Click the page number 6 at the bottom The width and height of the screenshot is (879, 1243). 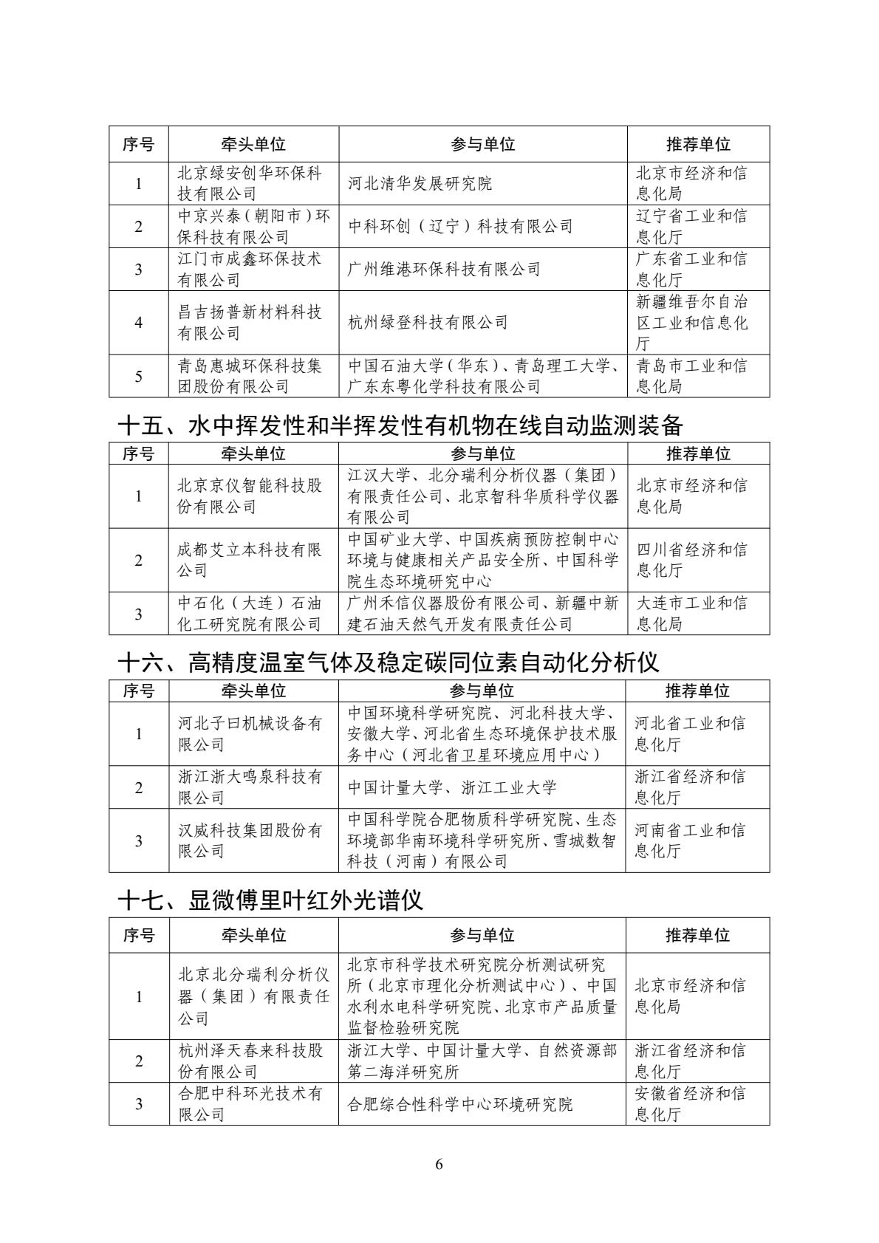tap(439, 1165)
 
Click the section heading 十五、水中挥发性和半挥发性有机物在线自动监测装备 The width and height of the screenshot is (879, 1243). tap(400, 425)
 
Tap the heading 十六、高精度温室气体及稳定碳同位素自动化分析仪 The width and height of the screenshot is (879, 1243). tap(389, 662)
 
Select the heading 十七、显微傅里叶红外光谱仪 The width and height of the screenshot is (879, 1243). tap(270, 900)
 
